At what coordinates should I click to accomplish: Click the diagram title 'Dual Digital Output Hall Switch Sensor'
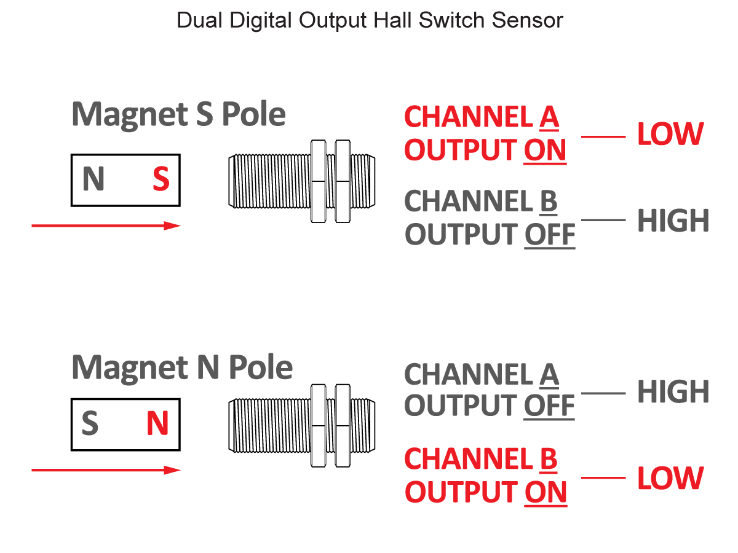(x=370, y=20)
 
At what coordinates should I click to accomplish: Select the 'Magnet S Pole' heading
(x=178, y=114)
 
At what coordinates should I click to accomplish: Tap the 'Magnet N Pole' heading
(x=181, y=367)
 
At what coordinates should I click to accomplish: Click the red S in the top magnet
(x=161, y=179)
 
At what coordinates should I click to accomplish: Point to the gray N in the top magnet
(x=93, y=179)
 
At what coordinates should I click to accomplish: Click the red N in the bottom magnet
(x=157, y=424)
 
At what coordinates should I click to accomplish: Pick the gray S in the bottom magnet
(x=90, y=424)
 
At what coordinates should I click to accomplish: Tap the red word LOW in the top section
(x=670, y=135)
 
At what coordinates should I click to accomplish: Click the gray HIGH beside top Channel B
(x=673, y=221)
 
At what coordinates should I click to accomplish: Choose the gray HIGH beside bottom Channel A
(x=673, y=392)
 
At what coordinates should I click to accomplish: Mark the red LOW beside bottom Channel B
(x=670, y=479)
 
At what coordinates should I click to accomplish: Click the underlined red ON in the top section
(x=545, y=151)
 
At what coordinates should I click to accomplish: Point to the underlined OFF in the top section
(x=549, y=235)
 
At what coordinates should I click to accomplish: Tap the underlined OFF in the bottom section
(x=549, y=406)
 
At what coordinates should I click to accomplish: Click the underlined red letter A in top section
(x=549, y=117)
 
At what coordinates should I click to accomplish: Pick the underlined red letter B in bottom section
(x=548, y=459)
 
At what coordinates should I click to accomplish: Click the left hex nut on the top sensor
(x=318, y=181)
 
